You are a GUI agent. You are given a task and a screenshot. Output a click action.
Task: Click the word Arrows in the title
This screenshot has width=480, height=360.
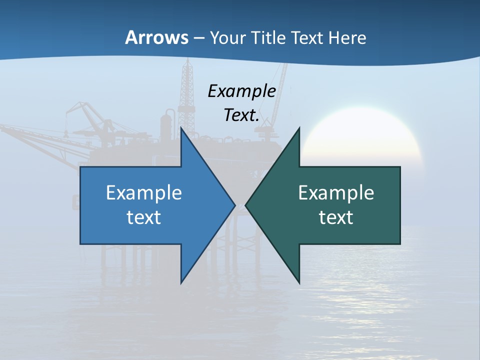(156, 37)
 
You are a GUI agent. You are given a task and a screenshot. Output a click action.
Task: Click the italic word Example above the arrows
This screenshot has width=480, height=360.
(241, 91)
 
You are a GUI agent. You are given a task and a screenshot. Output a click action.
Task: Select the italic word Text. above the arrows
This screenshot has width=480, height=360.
(241, 115)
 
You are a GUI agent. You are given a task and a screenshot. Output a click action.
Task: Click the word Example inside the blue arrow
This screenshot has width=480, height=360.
(144, 193)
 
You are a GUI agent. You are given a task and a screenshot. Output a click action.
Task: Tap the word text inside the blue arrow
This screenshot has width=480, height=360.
(144, 217)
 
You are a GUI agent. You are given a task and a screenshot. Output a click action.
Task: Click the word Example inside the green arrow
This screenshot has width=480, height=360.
(336, 193)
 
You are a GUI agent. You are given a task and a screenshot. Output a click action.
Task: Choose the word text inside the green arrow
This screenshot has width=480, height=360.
(336, 217)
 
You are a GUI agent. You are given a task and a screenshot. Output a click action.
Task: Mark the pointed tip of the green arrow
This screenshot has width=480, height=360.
(246, 205)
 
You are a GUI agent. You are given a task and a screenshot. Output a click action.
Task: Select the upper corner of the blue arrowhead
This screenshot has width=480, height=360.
(181, 129)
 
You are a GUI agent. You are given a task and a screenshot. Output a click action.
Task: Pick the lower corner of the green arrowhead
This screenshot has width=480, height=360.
(299, 282)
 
